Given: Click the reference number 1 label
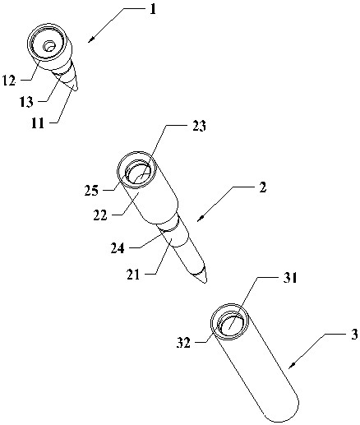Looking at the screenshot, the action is [153, 9].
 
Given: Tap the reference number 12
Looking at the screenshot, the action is [9, 81].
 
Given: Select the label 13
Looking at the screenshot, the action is [26, 102].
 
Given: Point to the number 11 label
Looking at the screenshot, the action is [38, 123].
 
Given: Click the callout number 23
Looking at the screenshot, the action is [199, 127].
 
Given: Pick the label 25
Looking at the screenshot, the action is [91, 191].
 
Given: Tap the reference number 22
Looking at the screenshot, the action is [100, 215].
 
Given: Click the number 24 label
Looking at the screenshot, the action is [118, 248].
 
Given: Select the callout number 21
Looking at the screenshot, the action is [133, 275].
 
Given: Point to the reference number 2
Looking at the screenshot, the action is [262, 188].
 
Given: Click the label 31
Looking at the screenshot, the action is [290, 279].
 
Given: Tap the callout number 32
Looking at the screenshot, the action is [183, 343].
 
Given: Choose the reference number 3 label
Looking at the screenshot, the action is [354, 335].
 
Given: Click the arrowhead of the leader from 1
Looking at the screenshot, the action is [90, 40].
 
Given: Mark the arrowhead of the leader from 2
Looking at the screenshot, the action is [201, 219].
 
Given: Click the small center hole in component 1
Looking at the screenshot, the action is [49, 46].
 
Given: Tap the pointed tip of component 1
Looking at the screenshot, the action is [76, 89].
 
